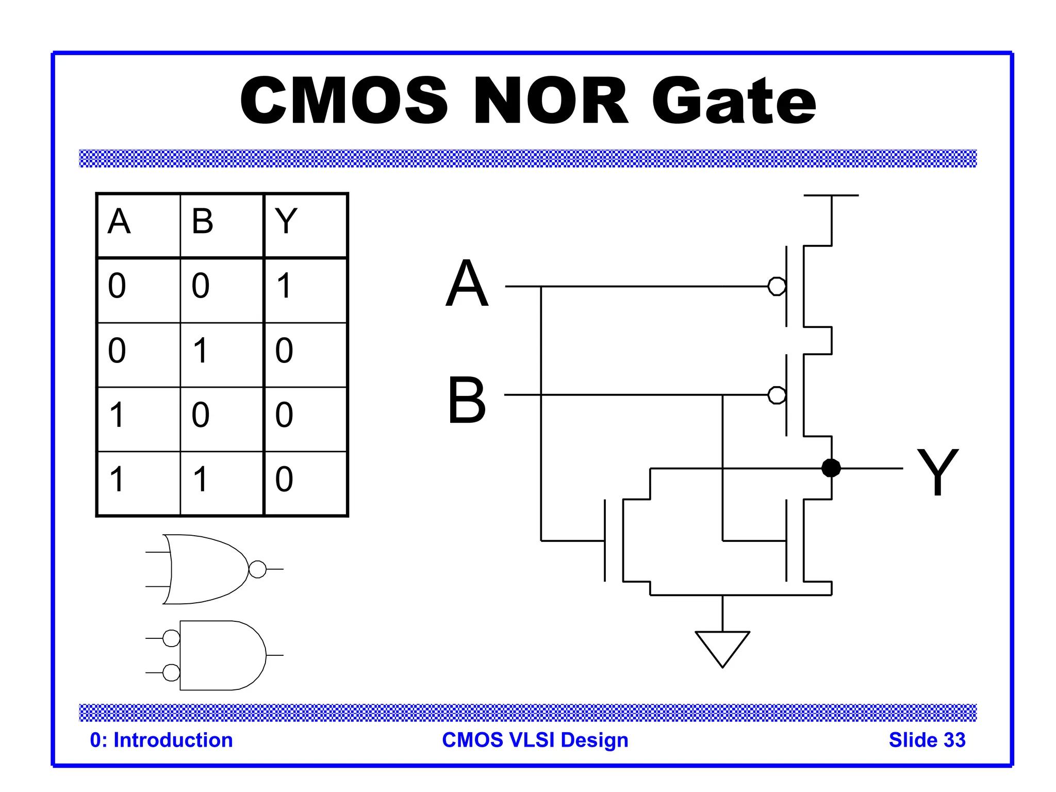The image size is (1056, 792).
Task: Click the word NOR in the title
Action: point(551,101)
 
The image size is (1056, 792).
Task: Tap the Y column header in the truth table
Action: point(286,221)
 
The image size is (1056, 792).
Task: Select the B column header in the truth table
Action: point(202,221)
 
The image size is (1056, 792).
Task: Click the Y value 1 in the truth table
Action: point(284,286)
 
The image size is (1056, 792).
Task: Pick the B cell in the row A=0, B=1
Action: point(201,351)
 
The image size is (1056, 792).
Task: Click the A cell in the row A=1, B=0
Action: point(117,415)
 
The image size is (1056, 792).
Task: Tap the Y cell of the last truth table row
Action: point(284,479)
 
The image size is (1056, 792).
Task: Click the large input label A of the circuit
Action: point(467,283)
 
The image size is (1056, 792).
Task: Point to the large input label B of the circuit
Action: point(467,400)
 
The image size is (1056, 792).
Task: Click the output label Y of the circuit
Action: point(937,472)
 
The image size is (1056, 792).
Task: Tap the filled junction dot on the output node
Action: point(831,468)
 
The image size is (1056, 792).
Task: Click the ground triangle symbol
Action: point(722,647)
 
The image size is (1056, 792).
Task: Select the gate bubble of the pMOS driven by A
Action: point(777,286)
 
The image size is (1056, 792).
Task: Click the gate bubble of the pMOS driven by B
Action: point(777,395)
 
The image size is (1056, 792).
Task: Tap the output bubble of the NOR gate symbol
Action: point(257,569)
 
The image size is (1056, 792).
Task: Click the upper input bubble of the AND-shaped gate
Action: point(171,638)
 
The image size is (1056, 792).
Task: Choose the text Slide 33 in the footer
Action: point(927,740)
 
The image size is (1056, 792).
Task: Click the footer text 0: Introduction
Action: point(161,740)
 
